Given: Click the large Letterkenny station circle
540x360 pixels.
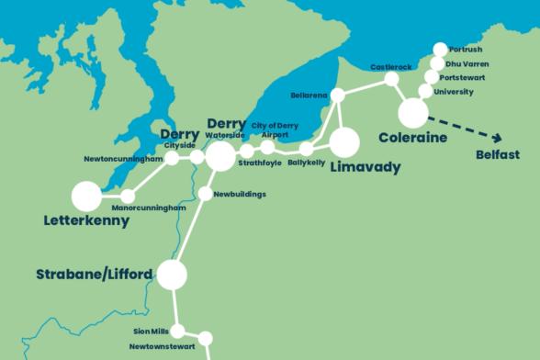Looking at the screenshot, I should (x=86, y=196).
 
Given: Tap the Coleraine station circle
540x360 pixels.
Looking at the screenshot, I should (x=413, y=113).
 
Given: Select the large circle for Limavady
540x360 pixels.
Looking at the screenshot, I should (x=344, y=142).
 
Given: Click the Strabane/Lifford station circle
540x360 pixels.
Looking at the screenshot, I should (x=172, y=275).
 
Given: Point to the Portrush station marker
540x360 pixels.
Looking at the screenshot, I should (x=440, y=50).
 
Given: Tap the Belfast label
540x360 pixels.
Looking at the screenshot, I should (x=498, y=155).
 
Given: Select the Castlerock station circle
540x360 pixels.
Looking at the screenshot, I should (x=392, y=80).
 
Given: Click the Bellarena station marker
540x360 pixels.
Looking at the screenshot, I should (x=338, y=95).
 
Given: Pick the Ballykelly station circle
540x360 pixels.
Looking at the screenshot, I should (x=307, y=149).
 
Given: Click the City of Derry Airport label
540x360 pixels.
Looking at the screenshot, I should (x=275, y=129).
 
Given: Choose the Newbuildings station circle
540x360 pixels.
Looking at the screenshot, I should (x=205, y=194).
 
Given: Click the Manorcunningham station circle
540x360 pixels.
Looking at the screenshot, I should (x=128, y=196).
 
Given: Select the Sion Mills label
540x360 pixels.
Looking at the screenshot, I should (x=152, y=331).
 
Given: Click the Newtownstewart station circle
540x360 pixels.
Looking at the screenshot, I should (x=205, y=338).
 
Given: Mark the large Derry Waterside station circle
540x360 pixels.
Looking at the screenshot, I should (x=220, y=157).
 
